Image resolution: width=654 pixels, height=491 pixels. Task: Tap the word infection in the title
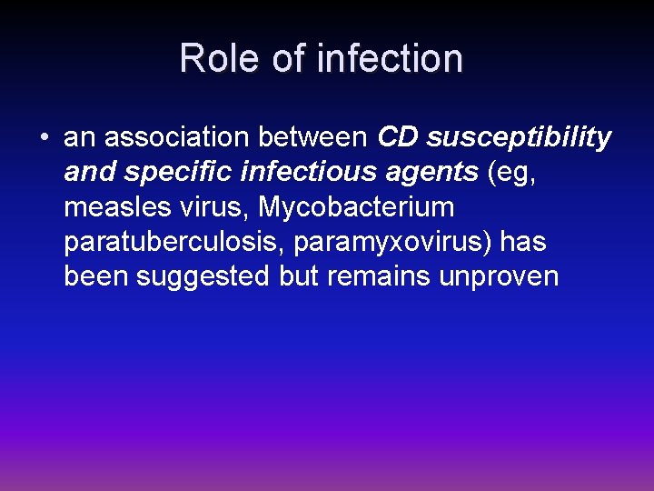[x=391, y=58]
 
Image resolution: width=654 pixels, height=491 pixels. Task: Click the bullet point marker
[x=44, y=138]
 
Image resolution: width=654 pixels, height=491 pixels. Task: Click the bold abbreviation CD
[x=397, y=138]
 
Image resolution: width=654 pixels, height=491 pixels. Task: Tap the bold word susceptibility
[x=519, y=139]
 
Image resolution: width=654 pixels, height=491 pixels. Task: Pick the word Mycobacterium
[x=356, y=207]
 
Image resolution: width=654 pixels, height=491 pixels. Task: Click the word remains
[x=376, y=276]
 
